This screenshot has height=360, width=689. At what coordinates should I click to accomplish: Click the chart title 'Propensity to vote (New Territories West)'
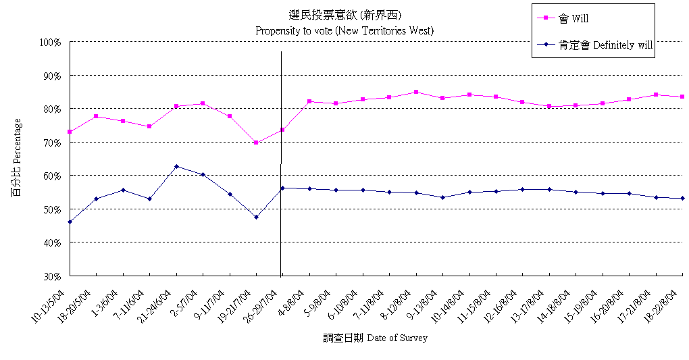pyautogui.click(x=344, y=30)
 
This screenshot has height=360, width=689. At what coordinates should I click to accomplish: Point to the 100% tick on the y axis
pyautogui.click(x=51, y=42)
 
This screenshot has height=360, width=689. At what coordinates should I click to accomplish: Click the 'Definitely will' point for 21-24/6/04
pyautogui.click(x=176, y=166)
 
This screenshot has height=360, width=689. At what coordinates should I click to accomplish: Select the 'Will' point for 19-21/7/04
pyautogui.click(x=256, y=143)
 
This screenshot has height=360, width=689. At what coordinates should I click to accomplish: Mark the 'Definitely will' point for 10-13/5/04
pyautogui.click(x=70, y=222)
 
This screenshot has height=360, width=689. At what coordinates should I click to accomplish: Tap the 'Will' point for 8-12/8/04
pyautogui.click(x=416, y=92)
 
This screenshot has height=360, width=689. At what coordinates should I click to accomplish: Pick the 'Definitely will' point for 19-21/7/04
pyautogui.click(x=256, y=217)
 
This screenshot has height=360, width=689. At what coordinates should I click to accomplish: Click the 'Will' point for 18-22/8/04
pyautogui.click(x=682, y=97)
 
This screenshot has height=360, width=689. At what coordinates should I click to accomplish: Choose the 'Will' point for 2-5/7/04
pyautogui.click(x=203, y=103)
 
